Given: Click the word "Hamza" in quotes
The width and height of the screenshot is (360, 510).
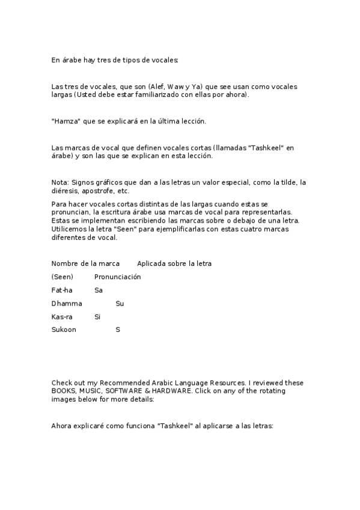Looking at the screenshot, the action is (x=64, y=121).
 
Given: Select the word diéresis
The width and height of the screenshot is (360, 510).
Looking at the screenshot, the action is (x=66, y=191).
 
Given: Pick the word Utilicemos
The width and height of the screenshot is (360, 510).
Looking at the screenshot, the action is (x=70, y=229).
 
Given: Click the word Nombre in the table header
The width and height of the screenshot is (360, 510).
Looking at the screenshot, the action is (x=65, y=263).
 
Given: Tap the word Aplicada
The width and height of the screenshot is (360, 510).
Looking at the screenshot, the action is (x=152, y=263).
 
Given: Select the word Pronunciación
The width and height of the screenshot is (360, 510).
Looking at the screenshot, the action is (x=117, y=277).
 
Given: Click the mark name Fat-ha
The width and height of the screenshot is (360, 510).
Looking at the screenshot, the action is (x=62, y=290).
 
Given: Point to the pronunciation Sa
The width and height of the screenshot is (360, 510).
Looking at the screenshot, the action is (x=99, y=290).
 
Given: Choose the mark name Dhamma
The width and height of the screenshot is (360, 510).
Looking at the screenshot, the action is (x=67, y=304).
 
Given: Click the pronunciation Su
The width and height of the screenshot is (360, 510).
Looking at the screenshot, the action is (x=120, y=304).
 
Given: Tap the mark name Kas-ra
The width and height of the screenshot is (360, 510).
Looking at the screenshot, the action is (x=62, y=316).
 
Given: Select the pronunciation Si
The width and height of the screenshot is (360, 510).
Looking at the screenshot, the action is (x=97, y=316).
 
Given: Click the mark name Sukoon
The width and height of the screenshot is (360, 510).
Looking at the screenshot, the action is (x=64, y=330).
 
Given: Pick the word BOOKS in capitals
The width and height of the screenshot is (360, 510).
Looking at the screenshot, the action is (x=64, y=391).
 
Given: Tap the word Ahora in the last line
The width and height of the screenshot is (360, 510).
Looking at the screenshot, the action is (x=62, y=426).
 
